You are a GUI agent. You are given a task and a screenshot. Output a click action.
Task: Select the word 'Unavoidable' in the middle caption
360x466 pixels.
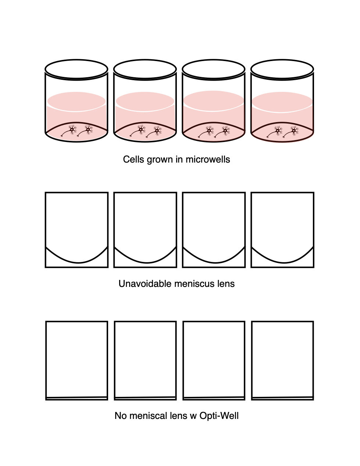[145, 284]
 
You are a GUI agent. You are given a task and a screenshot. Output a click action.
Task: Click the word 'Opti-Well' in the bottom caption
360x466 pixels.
[219, 416]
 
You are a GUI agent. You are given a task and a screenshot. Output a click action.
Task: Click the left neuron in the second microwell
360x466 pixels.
[138, 131]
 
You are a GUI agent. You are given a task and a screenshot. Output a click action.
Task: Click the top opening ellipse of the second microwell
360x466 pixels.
[145, 69]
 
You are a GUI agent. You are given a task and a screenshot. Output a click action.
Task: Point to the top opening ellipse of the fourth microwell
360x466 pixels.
[282, 69]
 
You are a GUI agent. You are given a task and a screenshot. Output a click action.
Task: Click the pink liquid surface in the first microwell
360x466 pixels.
[76, 102]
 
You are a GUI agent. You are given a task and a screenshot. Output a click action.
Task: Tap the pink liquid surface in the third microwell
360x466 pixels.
[214, 101]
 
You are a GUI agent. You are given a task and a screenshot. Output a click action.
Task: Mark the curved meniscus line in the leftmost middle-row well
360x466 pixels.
[77, 262]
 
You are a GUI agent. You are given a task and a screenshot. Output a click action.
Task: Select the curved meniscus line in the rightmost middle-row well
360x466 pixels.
[283, 262]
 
